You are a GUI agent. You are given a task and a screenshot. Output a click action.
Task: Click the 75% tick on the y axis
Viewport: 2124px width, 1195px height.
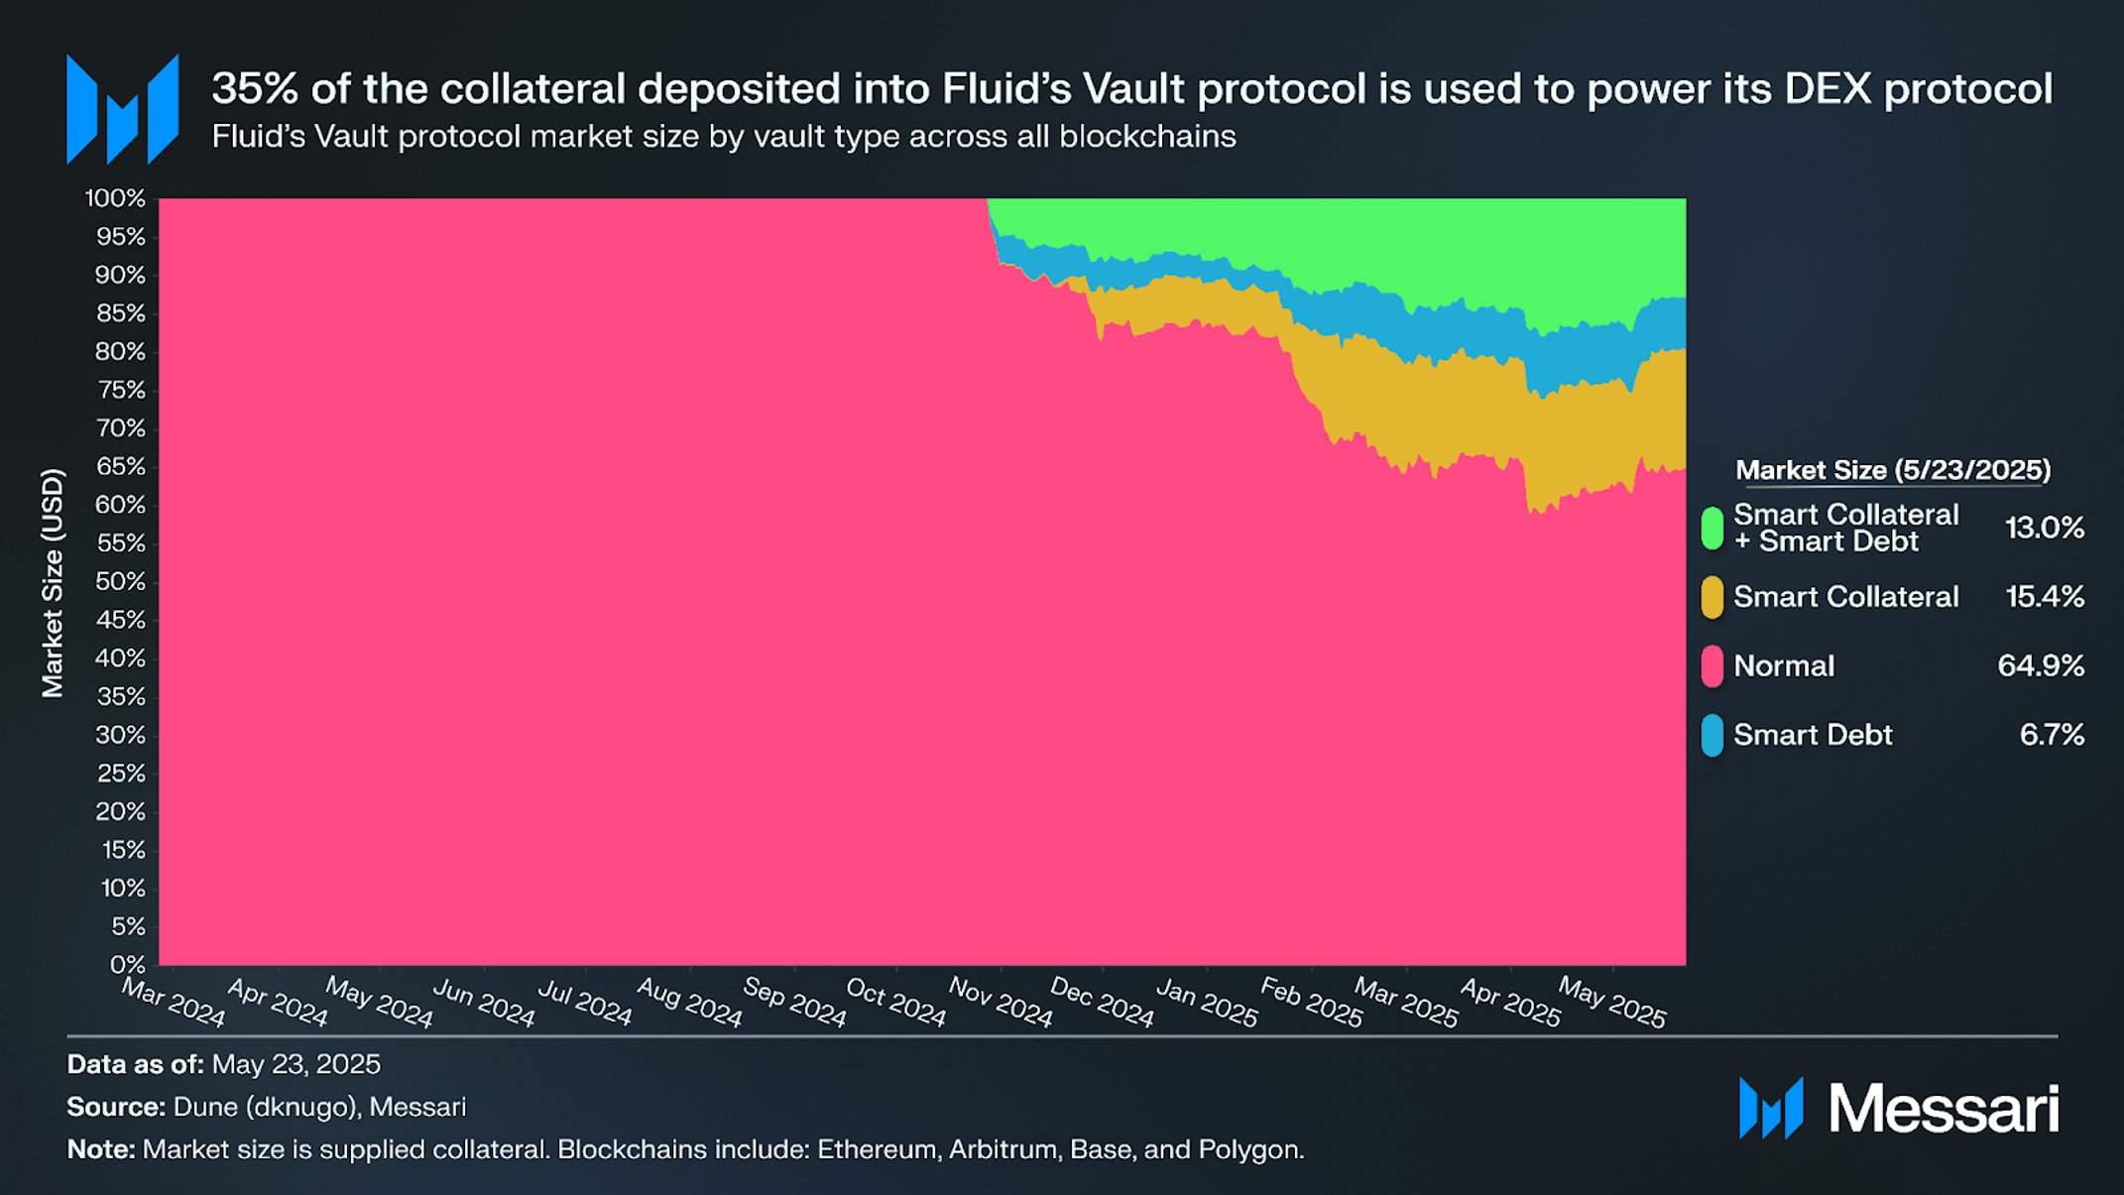(x=121, y=391)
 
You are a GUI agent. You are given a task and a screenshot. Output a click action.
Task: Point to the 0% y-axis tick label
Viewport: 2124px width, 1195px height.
(x=127, y=965)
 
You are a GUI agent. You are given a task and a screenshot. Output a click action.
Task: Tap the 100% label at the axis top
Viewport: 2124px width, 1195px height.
(x=115, y=198)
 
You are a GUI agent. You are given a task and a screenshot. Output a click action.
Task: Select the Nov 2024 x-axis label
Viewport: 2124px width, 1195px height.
(x=1000, y=1003)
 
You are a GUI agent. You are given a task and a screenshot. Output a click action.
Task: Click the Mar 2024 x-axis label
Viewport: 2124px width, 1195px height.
(x=174, y=1003)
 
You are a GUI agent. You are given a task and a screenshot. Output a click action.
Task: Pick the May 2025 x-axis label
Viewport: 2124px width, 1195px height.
(x=1611, y=1003)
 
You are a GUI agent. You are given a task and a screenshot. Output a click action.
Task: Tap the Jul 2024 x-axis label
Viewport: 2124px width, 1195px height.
(x=584, y=1003)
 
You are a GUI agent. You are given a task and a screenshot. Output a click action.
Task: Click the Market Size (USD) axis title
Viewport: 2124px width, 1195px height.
(x=53, y=583)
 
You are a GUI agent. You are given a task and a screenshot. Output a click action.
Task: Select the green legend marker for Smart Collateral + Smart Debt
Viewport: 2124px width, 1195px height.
(x=1711, y=528)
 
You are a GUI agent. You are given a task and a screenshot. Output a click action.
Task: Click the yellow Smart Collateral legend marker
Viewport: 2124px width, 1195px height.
(x=1711, y=598)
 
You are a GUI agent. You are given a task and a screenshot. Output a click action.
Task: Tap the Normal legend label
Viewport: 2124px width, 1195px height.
(x=1783, y=666)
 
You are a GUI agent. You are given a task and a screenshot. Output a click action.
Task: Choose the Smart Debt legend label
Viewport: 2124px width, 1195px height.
(x=1812, y=735)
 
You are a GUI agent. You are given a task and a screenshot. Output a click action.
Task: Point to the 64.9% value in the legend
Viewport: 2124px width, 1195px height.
(x=2040, y=665)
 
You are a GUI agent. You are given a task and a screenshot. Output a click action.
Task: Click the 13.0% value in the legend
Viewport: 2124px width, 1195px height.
(x=2044, y=528)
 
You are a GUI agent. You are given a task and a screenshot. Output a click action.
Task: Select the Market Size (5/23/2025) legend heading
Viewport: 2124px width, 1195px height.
(x=1892, y=470)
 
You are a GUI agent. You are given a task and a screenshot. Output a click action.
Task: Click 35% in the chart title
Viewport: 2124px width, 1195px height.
(x=255, y=89)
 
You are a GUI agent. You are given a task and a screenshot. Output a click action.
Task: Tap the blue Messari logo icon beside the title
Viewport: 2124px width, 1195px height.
(x=122, y=109)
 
